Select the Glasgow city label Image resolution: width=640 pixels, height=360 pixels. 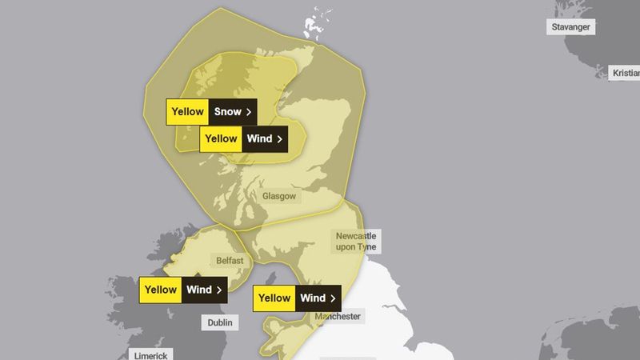[279, 196]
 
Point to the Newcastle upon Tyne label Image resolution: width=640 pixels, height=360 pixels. [356, 242]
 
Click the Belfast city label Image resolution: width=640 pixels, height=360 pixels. [229, 261]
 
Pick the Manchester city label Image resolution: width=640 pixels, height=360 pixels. [337, 317]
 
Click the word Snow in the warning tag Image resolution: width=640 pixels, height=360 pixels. [228, 111]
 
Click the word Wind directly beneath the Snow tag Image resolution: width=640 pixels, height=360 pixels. [259, 138]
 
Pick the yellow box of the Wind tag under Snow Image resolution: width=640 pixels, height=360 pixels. [221, 138]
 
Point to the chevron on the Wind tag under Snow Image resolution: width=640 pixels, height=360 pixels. [279, 138]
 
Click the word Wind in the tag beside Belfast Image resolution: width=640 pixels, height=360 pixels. [199, 290]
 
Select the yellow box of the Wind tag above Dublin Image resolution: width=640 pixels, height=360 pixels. [161, 290]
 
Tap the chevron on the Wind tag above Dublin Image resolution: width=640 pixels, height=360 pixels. [218, 290]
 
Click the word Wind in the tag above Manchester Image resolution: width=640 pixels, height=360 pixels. [313, 298]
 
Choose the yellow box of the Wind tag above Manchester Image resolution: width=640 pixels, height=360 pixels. [274, 298]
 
